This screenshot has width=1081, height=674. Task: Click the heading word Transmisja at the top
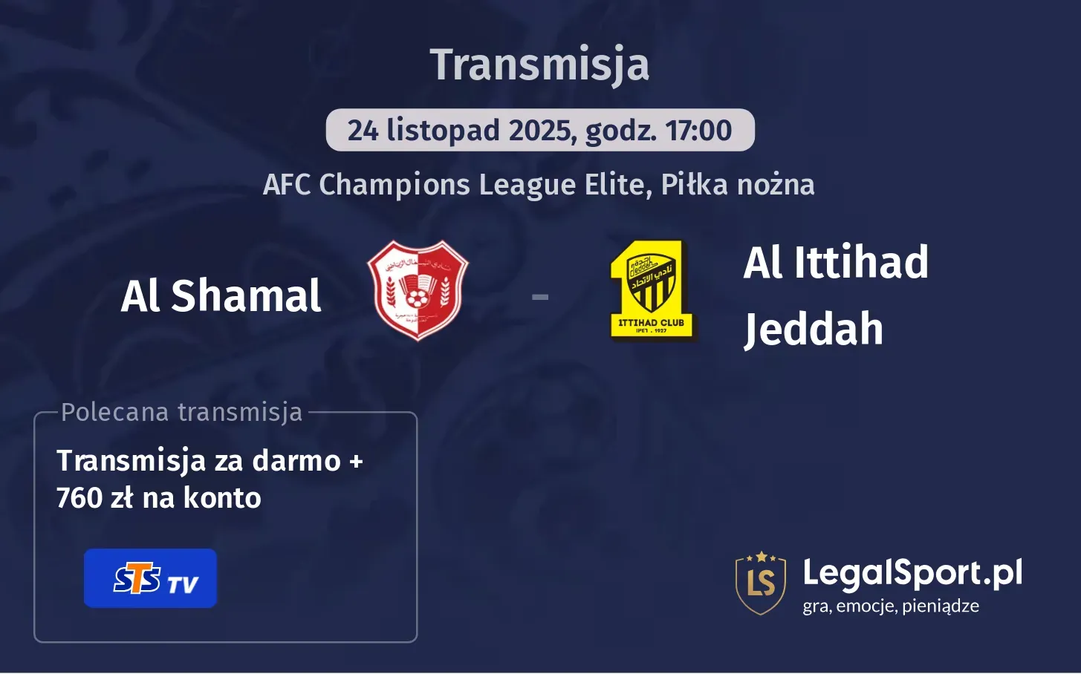539,65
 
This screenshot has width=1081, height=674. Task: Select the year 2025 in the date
540,131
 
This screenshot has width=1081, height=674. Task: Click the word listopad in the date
443,131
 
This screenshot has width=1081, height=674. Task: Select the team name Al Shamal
221,296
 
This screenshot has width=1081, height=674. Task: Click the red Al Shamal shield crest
418,290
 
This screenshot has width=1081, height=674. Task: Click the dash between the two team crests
540,297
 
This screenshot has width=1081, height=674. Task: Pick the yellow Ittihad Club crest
651,289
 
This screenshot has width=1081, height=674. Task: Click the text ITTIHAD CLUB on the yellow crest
651,323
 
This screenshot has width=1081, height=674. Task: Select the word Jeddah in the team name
814,329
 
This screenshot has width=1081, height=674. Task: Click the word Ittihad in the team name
861,263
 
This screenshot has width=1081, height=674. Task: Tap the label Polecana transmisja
182,412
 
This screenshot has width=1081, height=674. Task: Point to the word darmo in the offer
296,461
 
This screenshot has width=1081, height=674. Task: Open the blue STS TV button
150,579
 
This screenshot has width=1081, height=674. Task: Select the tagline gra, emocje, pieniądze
890,606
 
